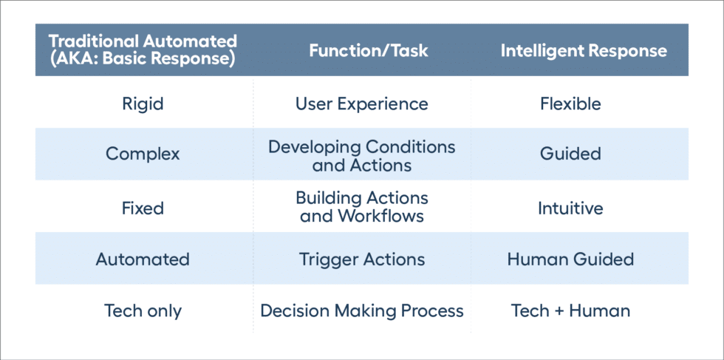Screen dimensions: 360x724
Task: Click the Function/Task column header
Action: pyautogui.click(x=362, y=51)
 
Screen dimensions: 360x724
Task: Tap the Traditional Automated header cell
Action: pyautogui.click(x=143, y=51)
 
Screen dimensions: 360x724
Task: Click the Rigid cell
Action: pyautogui.click(x=143, y=103)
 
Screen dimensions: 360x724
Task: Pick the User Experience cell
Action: pyautogui.click(x=362, y=103)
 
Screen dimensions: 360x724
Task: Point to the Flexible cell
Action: pyautogui.click(x=570, y=103)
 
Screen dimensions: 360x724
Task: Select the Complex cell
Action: pyautogui.click(x=143, y=154)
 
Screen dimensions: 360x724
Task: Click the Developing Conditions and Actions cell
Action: pyautogui.click(x=362, y=154)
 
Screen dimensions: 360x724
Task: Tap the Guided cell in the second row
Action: pyautogui.click(x=570, y=154)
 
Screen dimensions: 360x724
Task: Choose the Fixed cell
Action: pyautogui.click(x=143, y=208)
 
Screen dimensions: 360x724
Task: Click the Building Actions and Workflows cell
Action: pyautogui.click(x=362, y=208)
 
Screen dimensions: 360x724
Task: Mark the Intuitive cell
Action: pyautogui.click(x=570, y=208)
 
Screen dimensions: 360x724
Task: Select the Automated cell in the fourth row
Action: pyautogui.click(x=143, y=259)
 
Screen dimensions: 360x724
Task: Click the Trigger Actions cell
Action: pyautogui.click(x=362, y=259)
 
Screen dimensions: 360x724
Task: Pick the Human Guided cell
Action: pyautogui.click(x=570, y=259)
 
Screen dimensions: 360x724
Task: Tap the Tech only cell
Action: pyautogui.click(x=143, y=310)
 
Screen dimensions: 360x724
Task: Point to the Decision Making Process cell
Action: pyautogui.click(x=362, y=310)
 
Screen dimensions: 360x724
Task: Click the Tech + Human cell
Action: pyautogui.click(x=570, y=310)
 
